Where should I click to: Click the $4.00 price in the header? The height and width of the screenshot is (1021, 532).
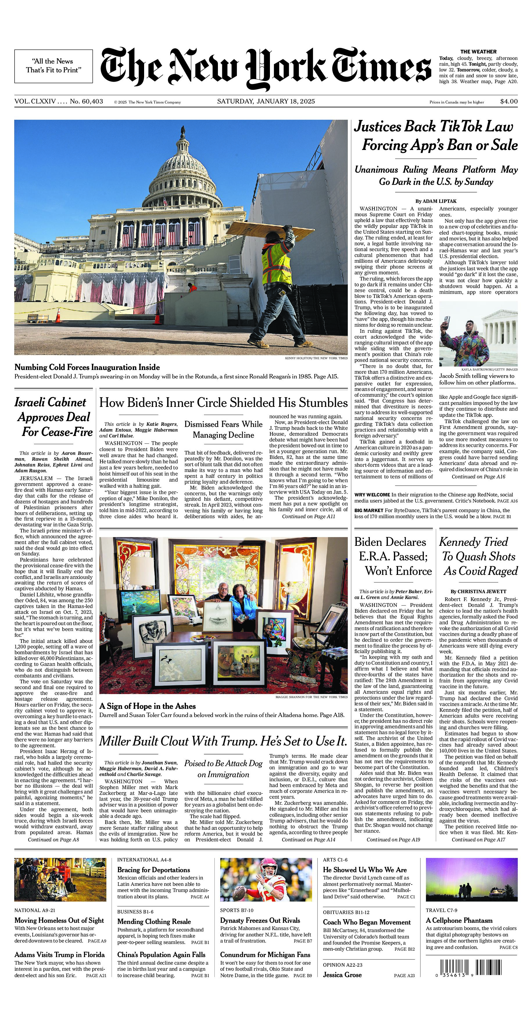509,101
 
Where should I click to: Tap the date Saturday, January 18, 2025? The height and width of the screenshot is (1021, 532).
266,101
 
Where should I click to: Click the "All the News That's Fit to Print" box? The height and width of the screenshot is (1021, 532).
53,66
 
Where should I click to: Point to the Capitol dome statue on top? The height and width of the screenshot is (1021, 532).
183,131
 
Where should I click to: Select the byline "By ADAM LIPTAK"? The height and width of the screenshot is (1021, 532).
436,201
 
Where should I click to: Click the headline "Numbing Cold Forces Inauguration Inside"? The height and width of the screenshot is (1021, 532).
87,367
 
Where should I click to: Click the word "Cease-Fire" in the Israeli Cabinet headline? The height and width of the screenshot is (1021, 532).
58,432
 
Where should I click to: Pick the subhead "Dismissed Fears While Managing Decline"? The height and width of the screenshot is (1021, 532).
223,429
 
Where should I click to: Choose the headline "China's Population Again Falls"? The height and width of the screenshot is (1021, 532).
161,954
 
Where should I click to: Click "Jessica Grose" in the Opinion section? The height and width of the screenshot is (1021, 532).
342,974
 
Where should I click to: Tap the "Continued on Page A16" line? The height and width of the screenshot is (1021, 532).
478,477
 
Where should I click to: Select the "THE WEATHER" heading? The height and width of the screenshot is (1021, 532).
478,51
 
